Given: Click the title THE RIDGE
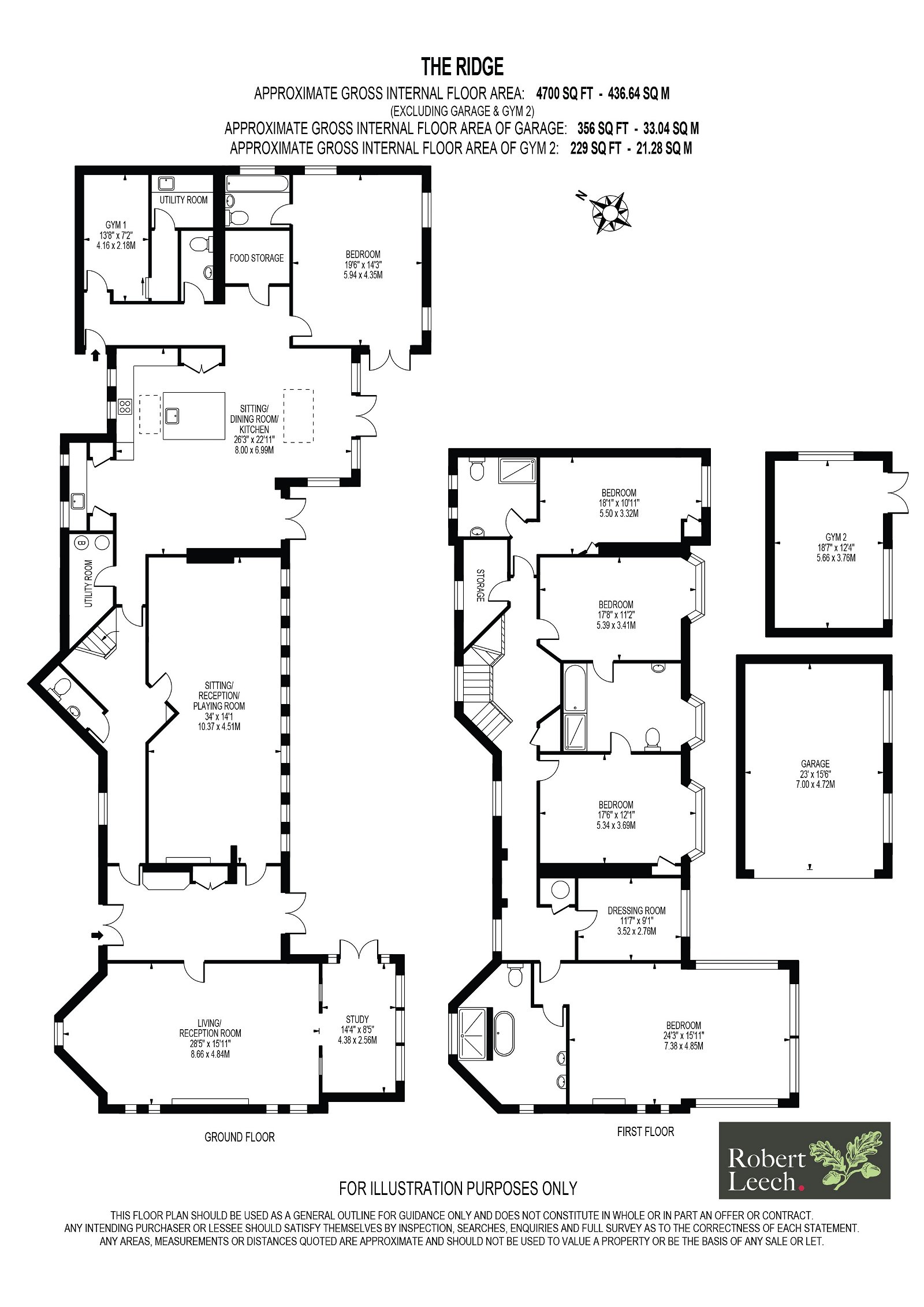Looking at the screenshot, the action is pyautogui.click(x=462, y=66).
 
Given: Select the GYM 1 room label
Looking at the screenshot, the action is pyautogui.click(x=115, y=225).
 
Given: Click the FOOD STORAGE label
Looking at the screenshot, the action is pyautogui.click(x=256, y=258).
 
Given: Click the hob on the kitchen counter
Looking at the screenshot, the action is pyautogui.click(x=125, y=407).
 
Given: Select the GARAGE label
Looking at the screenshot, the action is pyautogui.click(x=815, y=763).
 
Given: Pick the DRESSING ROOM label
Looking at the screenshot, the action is pyautogui.click(x=636, y=910).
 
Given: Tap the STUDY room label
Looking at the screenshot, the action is pyautogui.click(x=357, y=1019).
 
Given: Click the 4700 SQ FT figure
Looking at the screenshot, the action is pyautogui.click(x=564, y=94).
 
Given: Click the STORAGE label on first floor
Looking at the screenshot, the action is pyautogui.click(x=480, y=585).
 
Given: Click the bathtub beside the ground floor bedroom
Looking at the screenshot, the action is pyautogui.click(x=257, y=184).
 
